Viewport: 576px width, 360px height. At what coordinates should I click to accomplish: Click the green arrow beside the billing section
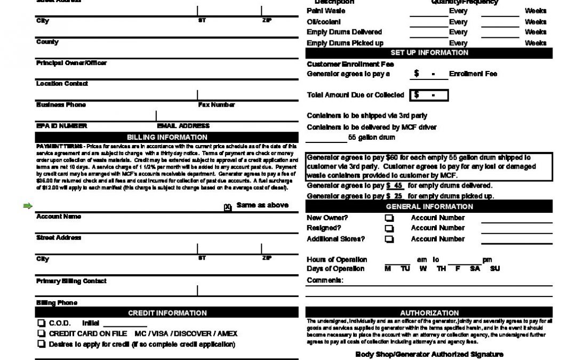coord(28,206)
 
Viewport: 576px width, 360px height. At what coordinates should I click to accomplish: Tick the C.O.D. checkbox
coord(41,323)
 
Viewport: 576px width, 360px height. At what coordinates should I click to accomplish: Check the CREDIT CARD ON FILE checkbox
coord(41,334)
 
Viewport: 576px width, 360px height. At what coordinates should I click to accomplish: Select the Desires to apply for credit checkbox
coord(41,345)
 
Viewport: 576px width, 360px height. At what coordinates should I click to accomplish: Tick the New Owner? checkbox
coord(389,218)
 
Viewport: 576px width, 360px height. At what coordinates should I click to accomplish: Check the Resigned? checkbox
coord(389,228)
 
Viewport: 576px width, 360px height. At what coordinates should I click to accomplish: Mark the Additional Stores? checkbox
coord(389,239)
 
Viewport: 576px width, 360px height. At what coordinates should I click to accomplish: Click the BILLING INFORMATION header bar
coord(167,137)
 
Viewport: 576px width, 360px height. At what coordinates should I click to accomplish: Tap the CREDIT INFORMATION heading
coord(167,313)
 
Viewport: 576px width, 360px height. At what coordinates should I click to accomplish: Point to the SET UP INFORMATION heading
coord(429,53)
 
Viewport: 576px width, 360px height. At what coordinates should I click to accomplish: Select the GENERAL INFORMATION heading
coord(429,206)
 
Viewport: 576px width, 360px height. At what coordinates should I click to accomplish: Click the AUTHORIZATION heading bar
coord(429,313)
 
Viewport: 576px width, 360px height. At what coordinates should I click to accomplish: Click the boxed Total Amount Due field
coord(429,95)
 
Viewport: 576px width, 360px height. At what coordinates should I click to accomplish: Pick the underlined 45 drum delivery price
coord(395,186)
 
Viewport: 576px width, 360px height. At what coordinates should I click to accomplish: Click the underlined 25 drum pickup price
coord(395,196)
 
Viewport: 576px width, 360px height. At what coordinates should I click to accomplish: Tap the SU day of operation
coord(494,269)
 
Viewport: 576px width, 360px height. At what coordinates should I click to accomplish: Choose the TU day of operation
coord(405,269)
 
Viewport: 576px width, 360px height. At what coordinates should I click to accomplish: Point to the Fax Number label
coord(216,105)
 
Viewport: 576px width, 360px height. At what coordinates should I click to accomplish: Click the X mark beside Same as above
coord(228,207)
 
